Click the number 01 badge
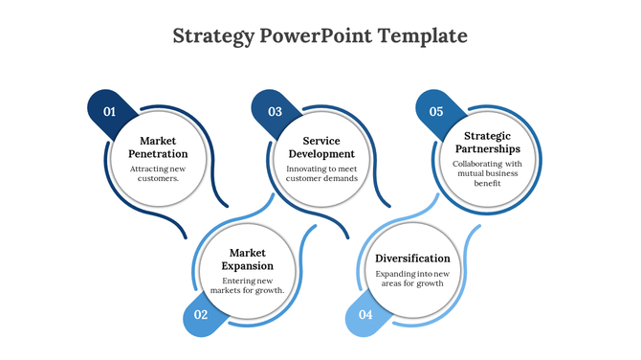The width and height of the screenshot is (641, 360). point(110,111)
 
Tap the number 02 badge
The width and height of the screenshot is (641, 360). point(201,314)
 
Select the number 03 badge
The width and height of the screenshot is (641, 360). point(276,111)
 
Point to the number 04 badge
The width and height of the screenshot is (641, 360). point(365,314)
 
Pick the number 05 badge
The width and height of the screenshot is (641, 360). point(436,111)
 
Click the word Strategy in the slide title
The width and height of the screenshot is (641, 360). point(212,36)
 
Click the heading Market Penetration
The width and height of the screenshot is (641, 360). point(158,146)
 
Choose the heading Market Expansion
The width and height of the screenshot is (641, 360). point(247,259)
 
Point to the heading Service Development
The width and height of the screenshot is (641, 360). point(321,146)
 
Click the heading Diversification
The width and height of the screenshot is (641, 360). point(412,259)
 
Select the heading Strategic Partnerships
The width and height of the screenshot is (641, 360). point(487,142)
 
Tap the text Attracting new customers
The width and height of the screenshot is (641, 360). point(158,173)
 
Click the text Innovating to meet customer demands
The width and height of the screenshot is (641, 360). point(321,173)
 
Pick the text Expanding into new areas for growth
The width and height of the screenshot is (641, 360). point(412,279)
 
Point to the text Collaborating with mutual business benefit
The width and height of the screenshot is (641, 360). point(487,173)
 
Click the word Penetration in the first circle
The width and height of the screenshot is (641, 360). point(158,153)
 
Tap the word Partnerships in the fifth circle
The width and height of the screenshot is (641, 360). point(487,148)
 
